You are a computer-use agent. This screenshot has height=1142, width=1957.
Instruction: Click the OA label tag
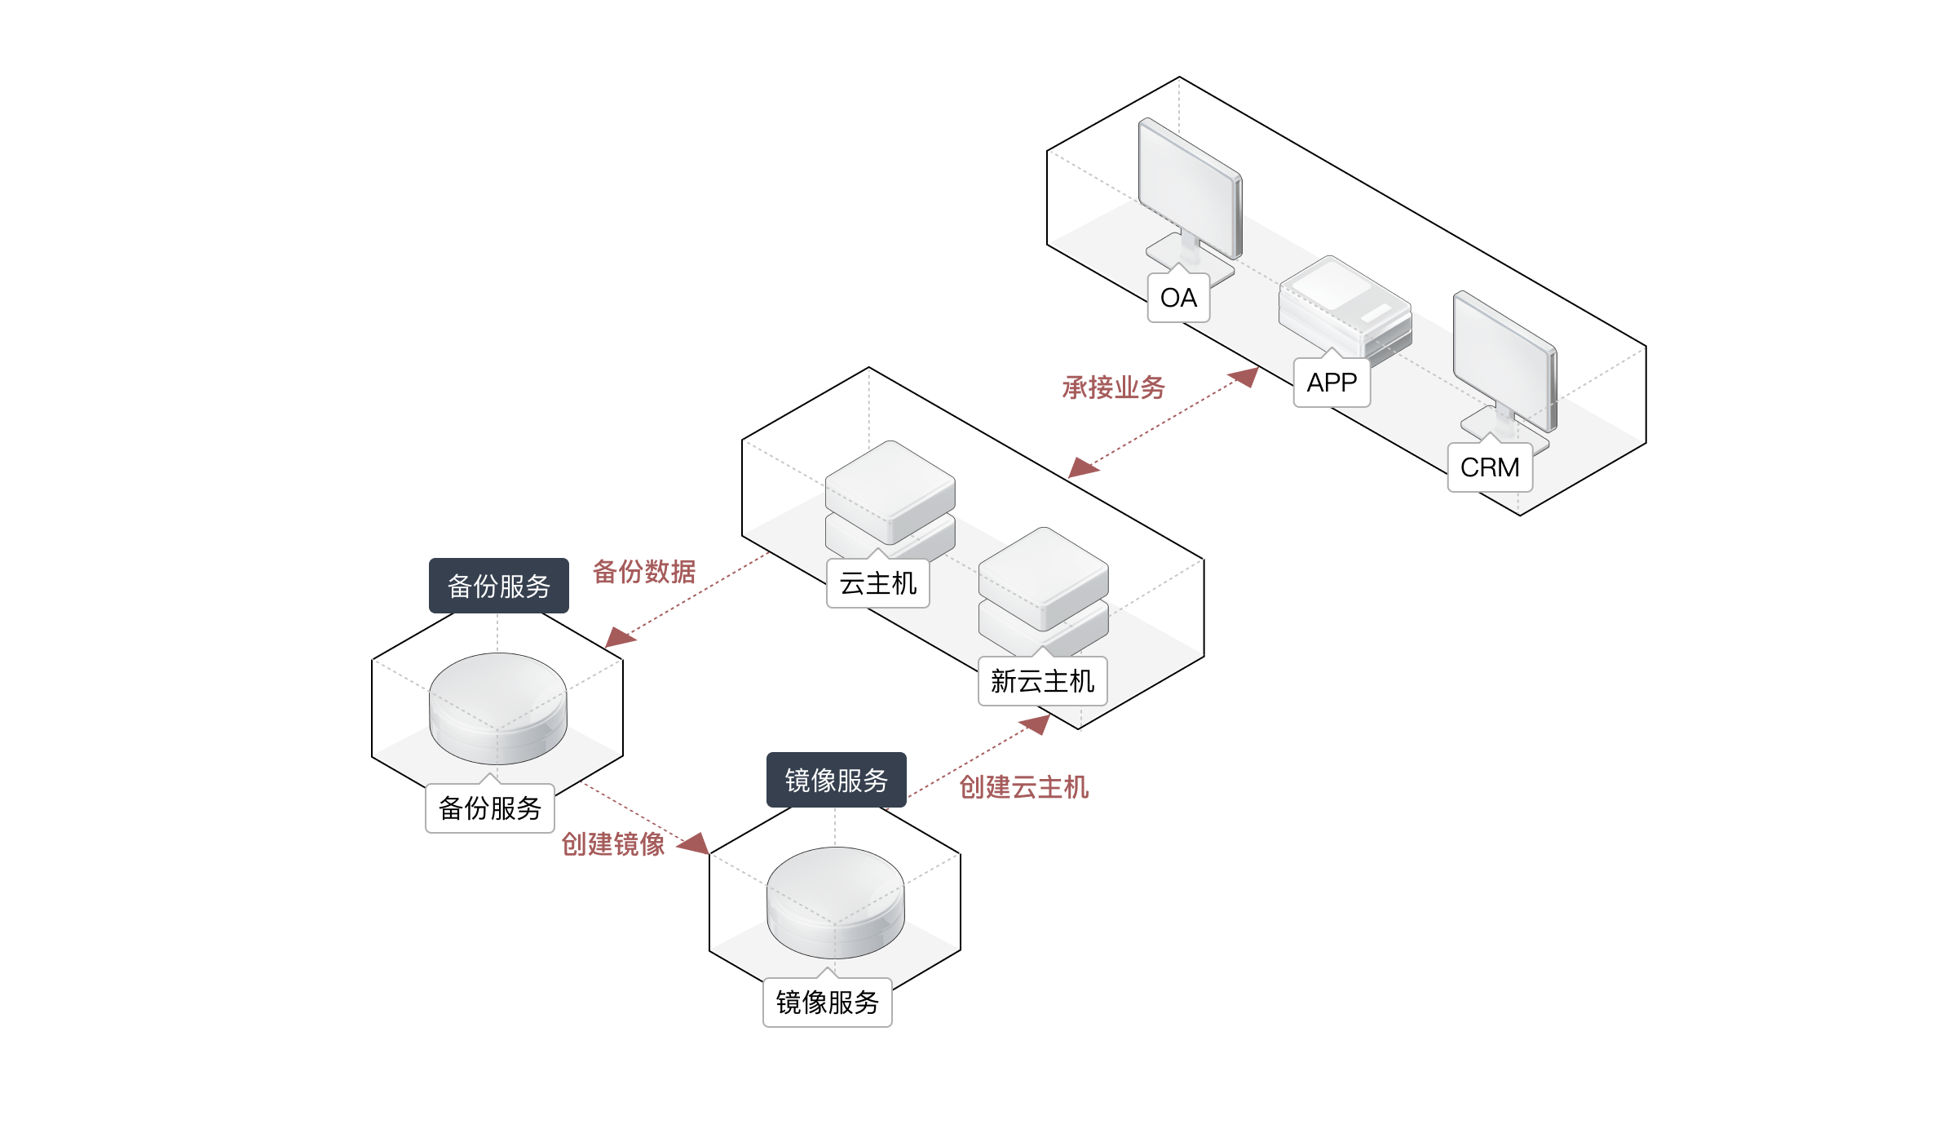[x=1178, y=299]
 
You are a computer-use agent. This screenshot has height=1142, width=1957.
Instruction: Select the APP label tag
[x=1332, y=383]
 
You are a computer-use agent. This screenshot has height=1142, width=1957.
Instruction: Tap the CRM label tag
[x=1490, y=467]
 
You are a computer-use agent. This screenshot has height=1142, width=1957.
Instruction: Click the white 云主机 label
[x=878, y=584]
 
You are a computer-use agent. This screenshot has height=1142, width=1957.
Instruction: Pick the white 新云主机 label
[x=1042, y=681]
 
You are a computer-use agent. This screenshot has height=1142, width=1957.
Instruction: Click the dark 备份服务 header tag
[x=499, y=586]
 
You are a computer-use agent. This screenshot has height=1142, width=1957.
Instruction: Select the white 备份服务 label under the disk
[x=490, y=808]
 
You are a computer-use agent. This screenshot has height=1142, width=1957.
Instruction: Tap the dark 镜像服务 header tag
[x=836, y=781]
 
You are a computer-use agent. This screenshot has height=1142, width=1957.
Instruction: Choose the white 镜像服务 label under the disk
[x=827, y=1003]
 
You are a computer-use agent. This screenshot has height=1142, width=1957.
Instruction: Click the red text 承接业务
[x=1113, y=387]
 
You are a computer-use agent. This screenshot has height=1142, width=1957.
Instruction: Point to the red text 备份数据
[x=644, y=572]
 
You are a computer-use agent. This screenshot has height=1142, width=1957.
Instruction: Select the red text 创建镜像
[x=613, y=844]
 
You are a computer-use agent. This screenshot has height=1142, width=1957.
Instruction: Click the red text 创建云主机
[x=1023, y=787]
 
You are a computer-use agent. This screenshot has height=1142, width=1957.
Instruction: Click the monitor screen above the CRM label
[x=1504, y=359]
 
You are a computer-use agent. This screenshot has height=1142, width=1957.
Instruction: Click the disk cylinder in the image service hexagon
[x=835, y=901]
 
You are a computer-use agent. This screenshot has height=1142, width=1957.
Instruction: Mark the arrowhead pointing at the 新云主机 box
[x=1037, y=723]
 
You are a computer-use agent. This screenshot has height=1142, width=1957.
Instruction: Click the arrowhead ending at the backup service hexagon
[x=619, y=639]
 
